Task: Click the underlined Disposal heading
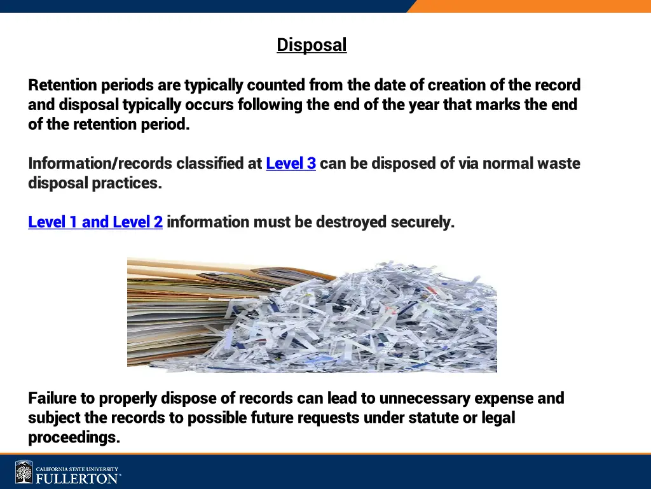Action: pos(312,45)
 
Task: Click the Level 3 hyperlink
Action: pos(291,164)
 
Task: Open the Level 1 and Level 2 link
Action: pos(95,222)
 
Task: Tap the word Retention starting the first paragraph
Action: pos(62,85)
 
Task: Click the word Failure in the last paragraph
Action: pos(53,399)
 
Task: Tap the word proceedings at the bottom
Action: pos(74,438)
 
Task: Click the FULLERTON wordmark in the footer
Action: pos(76,478)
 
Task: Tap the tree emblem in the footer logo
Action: pos(24,472)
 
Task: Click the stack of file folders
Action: pos(172,312)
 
